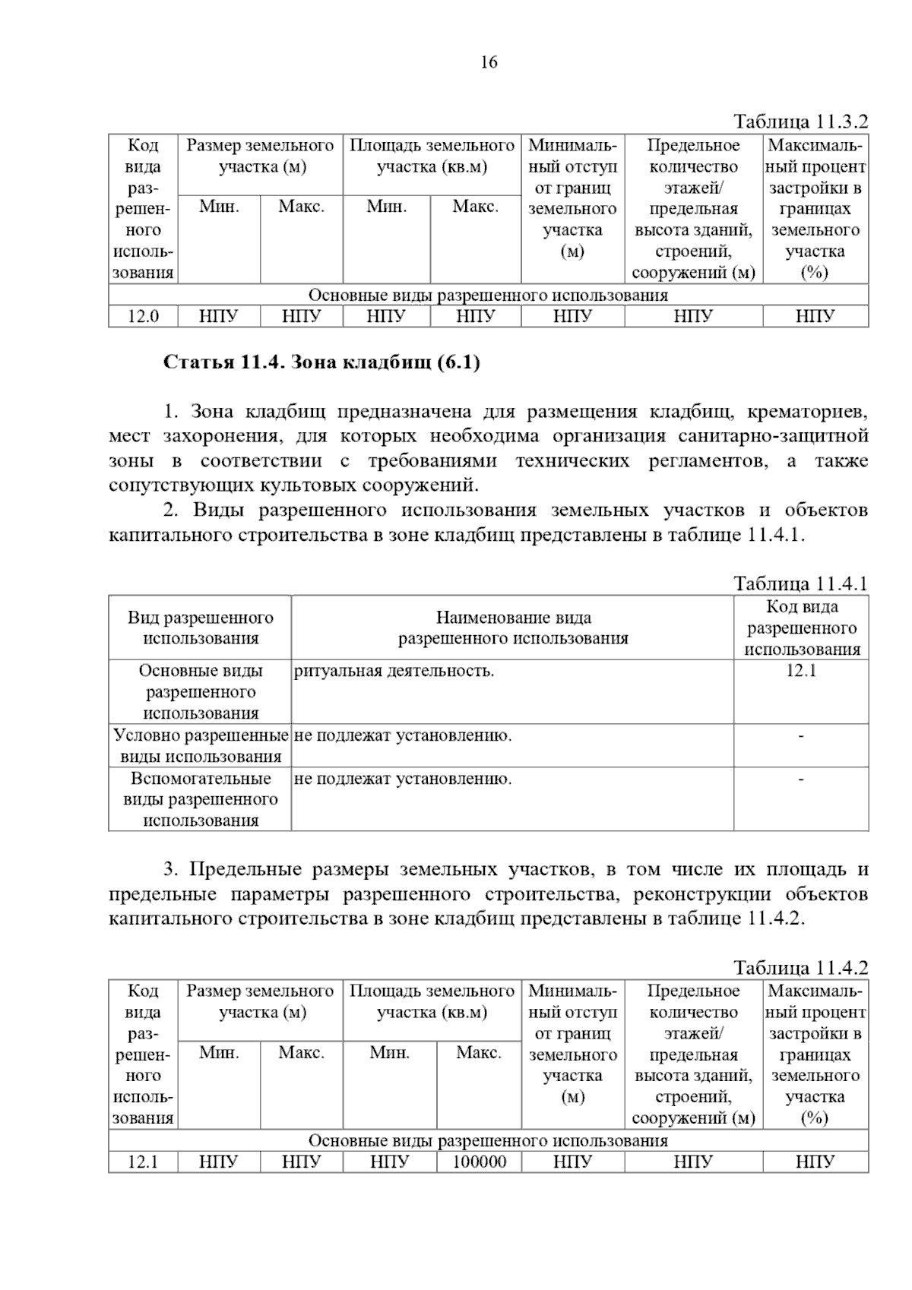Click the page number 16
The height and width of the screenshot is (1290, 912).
click(489, 62)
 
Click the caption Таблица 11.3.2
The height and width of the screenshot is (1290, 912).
click(800, 122)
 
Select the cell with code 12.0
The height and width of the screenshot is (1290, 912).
click(143, 316)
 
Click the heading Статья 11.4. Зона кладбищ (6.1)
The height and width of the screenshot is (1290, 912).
click(321, 362)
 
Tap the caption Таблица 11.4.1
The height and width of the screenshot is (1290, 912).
click(800, 583)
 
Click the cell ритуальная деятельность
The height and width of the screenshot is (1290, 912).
click(394, 671)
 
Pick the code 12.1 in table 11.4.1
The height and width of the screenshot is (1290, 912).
click(801, 671)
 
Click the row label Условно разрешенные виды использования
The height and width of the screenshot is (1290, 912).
click(201, 745)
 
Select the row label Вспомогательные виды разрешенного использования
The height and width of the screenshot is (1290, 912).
click(201, 799)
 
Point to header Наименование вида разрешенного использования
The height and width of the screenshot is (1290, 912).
click(513, 628)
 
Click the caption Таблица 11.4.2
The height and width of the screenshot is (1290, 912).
click(800, 968)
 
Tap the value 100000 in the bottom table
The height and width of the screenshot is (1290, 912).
click(479, 1162)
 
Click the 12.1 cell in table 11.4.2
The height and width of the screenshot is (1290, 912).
click(143, 1162)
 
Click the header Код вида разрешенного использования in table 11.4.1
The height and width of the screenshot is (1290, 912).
click(801, 628)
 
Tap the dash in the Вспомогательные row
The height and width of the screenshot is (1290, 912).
click(801, 779)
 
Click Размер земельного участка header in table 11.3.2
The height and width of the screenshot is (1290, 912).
click(260, 156)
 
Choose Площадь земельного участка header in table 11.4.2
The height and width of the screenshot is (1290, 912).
click(432, 1001)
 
